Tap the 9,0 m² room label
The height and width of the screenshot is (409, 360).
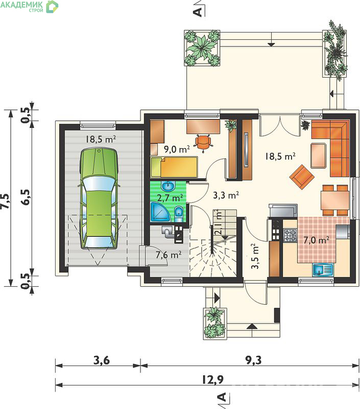tap(177, 149)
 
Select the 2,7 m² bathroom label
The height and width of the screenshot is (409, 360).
tap(170, 198)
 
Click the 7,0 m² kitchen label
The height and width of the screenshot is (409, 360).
tap(316, 240)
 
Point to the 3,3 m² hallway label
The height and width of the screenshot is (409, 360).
tap(226, 195)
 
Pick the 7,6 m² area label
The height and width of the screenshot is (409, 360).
tap(169, 255)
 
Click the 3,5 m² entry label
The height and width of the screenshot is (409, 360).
tap(255, 256)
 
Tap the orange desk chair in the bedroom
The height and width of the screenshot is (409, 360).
tap(203, 142)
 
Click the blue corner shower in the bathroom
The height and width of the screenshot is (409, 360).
tap(160, 212)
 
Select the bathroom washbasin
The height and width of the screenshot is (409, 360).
tap(169, 186)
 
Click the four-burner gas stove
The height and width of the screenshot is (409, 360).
tap(290, 235)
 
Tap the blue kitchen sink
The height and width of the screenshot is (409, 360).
tap(323, 270)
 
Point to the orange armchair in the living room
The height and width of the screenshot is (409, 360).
tap(302, 177)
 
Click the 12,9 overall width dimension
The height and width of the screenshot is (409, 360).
tap(213, 379)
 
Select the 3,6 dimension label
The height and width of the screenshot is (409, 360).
tap(102, 360)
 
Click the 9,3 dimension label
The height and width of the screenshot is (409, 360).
tap(253, 360)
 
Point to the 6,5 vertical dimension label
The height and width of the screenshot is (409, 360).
tap(27, 197)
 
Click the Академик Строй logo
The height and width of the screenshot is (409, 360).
tap(29, 7)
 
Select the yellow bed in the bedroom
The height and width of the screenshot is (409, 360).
tap(174, 167)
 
